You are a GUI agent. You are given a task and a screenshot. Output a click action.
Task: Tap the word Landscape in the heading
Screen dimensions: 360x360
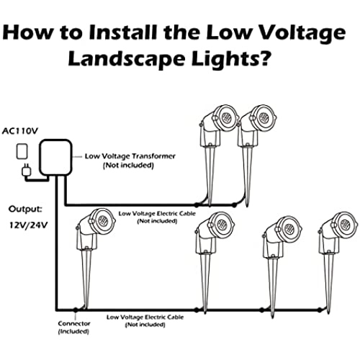coord(126,59)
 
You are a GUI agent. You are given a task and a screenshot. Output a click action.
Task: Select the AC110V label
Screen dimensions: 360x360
coord(20,131)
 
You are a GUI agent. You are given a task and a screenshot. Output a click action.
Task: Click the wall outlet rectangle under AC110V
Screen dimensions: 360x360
coord(22,151)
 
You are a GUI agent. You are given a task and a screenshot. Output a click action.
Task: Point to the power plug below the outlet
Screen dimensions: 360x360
coord(26,170)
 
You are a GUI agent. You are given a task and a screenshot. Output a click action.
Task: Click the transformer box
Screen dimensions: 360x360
coord(56,158)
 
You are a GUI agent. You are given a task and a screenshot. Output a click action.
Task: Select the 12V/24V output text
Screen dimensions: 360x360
coord(29,225)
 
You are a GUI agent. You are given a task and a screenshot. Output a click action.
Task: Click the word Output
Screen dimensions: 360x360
coord(25,209)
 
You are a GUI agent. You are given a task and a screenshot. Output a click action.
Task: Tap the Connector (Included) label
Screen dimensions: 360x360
coord(74,328)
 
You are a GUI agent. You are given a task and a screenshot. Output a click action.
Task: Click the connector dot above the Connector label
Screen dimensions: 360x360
coord(76,310)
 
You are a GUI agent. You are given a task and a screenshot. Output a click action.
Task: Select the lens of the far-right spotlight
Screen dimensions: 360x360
coord(346,225)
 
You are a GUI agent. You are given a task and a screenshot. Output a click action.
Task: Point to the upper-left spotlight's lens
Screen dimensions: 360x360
coord(226,117)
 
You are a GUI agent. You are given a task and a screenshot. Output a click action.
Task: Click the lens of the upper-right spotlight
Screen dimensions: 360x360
coord(264,117)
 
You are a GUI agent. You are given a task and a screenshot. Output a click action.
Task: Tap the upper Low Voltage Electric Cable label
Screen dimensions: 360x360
coord(157,217)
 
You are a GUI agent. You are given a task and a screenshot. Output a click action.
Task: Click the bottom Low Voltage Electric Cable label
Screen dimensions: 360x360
coord(145,321)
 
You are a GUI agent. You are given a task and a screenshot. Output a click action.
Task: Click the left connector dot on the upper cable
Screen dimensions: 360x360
coord(197,205)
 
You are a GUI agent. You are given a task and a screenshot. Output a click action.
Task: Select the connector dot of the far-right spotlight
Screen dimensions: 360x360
coord(320,310)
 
